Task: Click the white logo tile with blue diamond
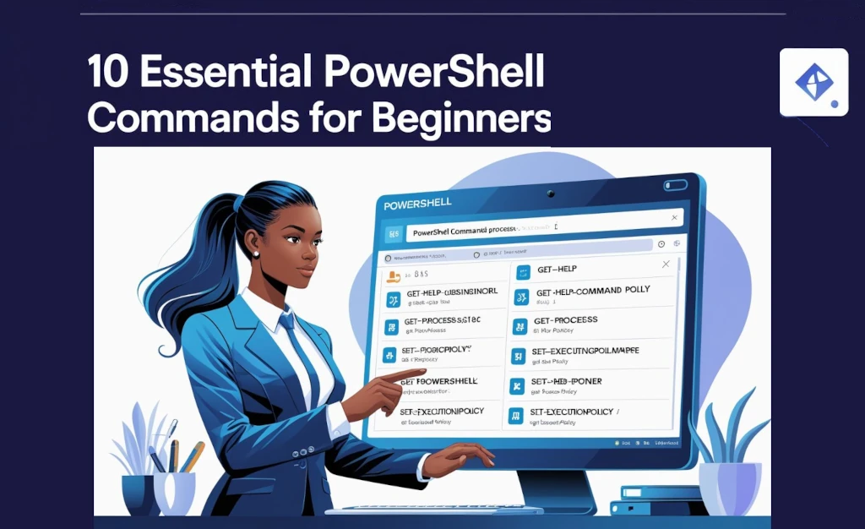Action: click(813, 82)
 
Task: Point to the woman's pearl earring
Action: click(256, 253)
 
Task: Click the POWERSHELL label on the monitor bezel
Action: click(417, 204)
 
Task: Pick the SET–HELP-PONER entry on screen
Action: click(566, 381)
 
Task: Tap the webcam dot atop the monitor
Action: click(550, 193)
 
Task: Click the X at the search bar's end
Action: click(672, 218)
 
